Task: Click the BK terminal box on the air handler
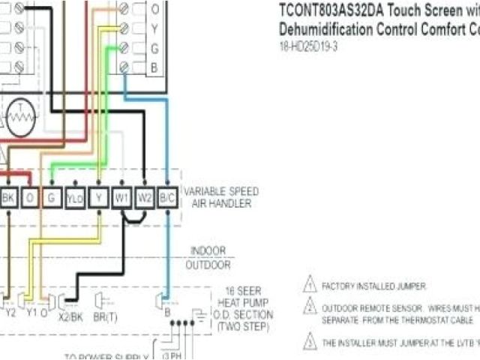(9, 199)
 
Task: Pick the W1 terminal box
(121, 199)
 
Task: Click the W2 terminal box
(145, 199)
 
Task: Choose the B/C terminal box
(168, 199)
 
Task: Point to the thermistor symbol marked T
(20, 118)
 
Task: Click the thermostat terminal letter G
(154, 49)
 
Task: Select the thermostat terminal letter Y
(154, 29)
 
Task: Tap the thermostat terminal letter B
(154, 67)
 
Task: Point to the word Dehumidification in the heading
(327, 31)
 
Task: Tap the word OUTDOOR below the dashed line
(208, 265)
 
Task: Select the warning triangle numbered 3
(310, 342)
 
